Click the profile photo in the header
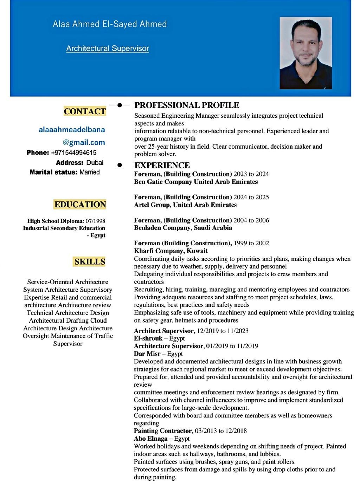[x=305, y=53]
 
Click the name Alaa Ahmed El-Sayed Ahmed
[x=109, y=24]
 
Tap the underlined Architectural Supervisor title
[x=107, y=48]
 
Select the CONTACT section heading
[x=85, y=111]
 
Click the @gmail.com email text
[x=84, y=142]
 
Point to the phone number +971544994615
[x=74, y=153]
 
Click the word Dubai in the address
[x=95, y=163]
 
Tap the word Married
[x=90, y=172]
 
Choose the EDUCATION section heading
[x=80, y=205]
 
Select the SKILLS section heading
[x=90, y=262]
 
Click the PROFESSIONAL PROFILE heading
[x=187, y=105]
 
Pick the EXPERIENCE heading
[x=162, y=165]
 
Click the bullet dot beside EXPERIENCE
[x=120, y=164]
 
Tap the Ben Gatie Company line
[x=196, y=182]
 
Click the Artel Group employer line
[x=185, y=205]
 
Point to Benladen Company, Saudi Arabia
[x=183, y=228]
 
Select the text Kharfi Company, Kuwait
[x=171, y=251]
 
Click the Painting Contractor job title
[x=163, y=431]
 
